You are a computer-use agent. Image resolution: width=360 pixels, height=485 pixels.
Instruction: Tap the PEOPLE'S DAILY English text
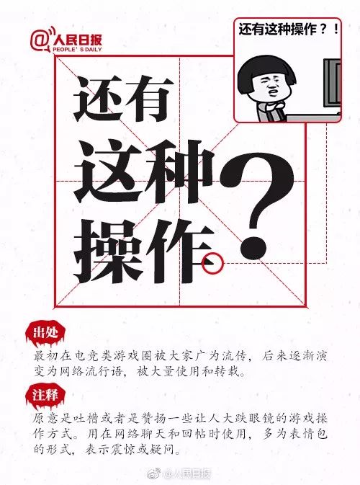tap(77, 50)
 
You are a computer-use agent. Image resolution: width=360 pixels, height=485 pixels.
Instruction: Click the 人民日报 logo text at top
tap(77, 40)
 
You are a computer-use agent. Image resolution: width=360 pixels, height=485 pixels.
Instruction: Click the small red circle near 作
tap(212, 263)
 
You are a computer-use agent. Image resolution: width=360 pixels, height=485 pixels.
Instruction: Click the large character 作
tap(179, 252)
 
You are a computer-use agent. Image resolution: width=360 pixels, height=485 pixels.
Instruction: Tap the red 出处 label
tap(45, 333)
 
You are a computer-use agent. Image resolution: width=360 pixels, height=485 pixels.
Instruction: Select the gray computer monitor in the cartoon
tap(332, 84)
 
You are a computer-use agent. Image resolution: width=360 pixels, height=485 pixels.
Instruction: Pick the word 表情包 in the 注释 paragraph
tap(307, 434)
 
